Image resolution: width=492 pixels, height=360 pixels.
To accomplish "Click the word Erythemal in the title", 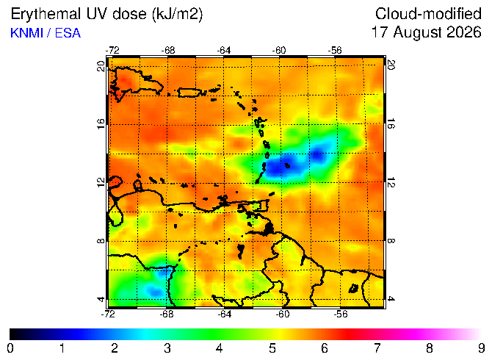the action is pyautogui.click(x=46, y=15).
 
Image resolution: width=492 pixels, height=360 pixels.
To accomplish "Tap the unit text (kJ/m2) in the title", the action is pyautogui.click(x=177, y=15).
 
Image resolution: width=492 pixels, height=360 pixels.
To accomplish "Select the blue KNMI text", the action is pyautogui.click(x=26, y=33).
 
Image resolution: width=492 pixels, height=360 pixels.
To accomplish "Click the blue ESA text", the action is pyautogui.click(x=68, y=33).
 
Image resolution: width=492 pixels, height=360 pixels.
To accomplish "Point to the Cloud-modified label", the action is pyautogui.click(x=428, y=14).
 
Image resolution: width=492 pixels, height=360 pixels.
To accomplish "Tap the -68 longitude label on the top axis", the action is pyautogui.click(x=168, y=50).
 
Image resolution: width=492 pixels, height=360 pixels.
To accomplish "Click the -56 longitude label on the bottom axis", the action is pyautogui.click(x=341, y=314).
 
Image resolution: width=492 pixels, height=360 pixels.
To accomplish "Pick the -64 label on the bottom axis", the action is pyautogui.click(x=225, y=314).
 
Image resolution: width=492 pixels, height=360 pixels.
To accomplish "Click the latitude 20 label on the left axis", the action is pyautogui.click(x=101, y=66).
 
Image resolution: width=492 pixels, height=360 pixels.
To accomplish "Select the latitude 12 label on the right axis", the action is pyautogui.click(x=391, y=182).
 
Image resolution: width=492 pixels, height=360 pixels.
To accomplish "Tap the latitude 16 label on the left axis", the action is pyautogui.click(x=101, y=124).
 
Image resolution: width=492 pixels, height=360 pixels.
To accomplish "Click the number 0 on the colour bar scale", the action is pyautogui.click(x=10, y=348).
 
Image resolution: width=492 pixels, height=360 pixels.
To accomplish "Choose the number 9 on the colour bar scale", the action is pyautogui.click(x=482, y=348).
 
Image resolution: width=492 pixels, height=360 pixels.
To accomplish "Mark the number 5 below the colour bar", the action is pyautogui.click(x=272, y=348).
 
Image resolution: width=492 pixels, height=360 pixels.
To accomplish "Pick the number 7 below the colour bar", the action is pyautogui.click(x=377, y=348).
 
